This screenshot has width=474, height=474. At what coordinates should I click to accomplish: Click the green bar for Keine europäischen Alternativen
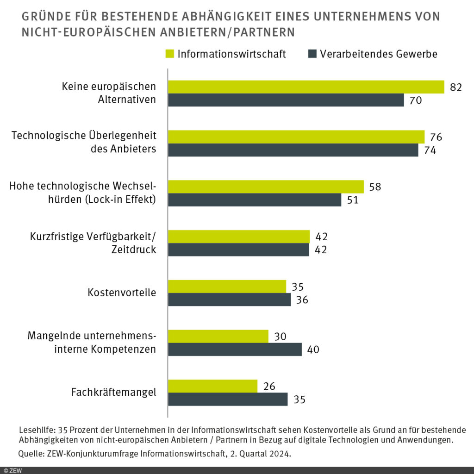(x=306, y=87)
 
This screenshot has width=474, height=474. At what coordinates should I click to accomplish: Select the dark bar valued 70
(x=286, y=100)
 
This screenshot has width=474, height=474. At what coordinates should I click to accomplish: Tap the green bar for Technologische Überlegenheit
(x=296, y=137)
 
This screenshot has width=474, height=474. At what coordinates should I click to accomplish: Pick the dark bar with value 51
(x=254, y=200)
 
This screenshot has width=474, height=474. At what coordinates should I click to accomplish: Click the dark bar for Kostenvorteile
(x=229, y=299)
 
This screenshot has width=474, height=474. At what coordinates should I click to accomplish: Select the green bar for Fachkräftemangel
(x=212, y=386)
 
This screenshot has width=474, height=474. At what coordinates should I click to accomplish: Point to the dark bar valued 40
(x=235, y=349)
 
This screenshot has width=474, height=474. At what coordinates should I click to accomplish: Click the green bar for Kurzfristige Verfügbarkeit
(x=238, y=237)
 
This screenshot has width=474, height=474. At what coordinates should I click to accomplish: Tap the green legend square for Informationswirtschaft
(x=169, y=54)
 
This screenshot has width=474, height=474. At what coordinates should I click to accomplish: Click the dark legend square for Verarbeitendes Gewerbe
(x=312, y=54)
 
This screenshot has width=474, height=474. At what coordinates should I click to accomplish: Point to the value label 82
(x=456, y=87)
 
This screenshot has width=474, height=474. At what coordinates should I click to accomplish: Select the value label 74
(x=430, y=150)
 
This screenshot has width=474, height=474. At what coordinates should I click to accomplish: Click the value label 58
(x=375, y=187)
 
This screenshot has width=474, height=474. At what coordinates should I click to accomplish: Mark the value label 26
(x=269, y=386)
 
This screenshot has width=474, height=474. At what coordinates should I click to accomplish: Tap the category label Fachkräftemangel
(x=113, y=392)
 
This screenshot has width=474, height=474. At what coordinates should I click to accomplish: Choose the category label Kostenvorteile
(x=122, y=293)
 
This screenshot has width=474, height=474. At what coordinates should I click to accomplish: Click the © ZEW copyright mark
(x=11, y=470)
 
